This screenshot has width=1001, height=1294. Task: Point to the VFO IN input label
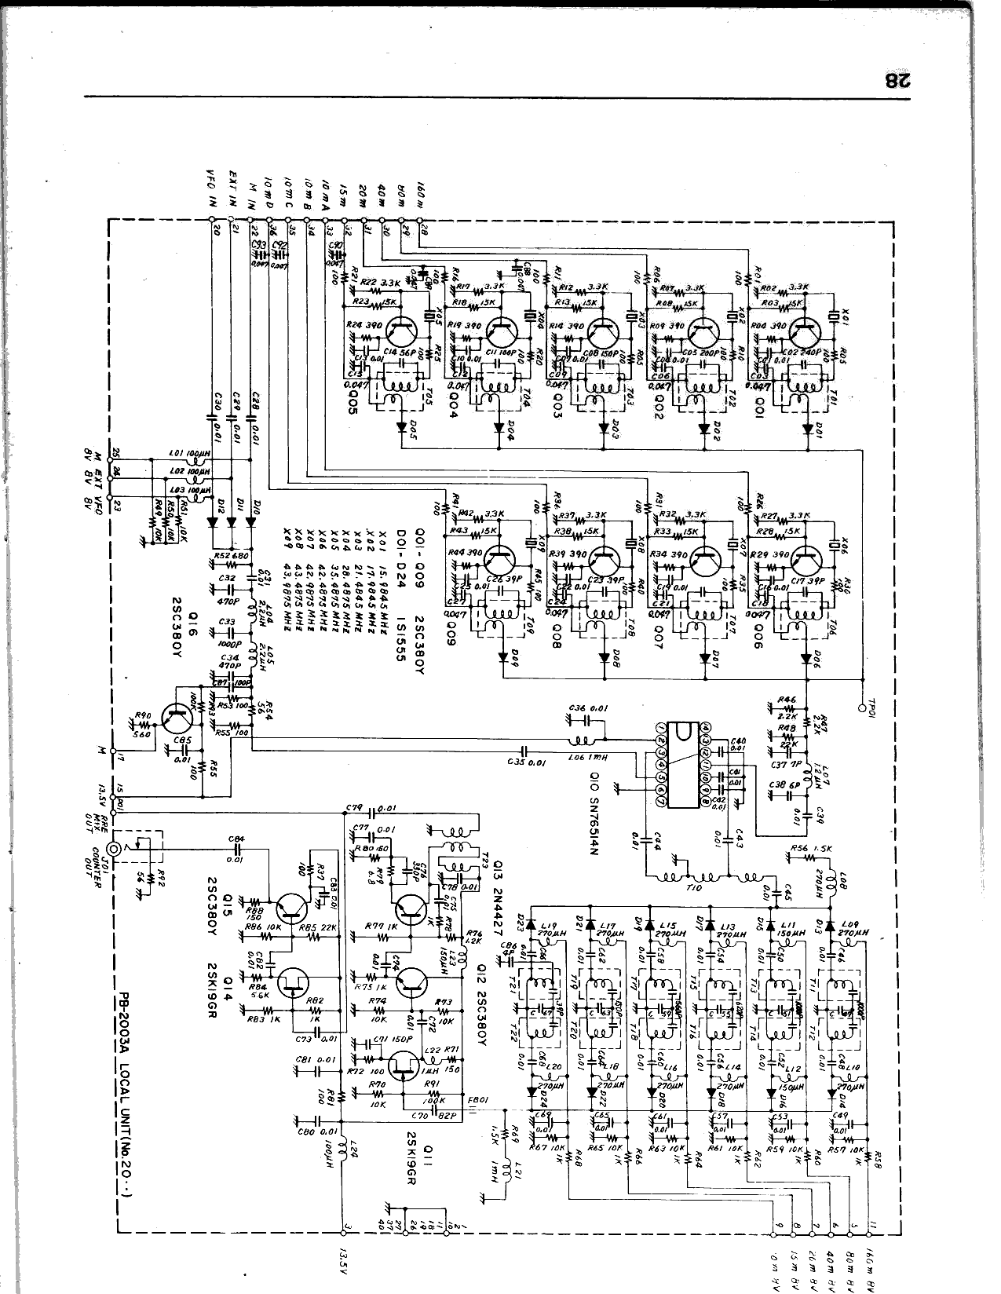210,188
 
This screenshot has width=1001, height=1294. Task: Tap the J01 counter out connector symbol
115,849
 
